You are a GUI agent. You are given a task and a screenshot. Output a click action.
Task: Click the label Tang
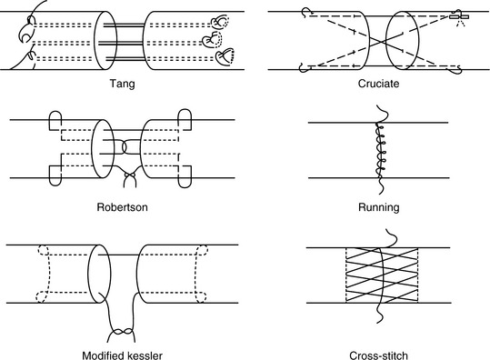pyautogui.click(x=122, y=84)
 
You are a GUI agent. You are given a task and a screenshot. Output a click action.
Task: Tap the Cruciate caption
pyautogui.click(x=378, y=84)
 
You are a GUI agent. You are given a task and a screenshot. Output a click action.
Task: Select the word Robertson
pyautogui.click(x=122, y=207)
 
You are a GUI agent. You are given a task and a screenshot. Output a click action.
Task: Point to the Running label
pyautogui.click(x=379, y=207)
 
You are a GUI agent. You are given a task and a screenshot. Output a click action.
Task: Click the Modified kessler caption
pyautogui.click(x=122, y=355)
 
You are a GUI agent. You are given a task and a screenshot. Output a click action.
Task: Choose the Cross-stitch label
pyautogui.click(x=378, y=355)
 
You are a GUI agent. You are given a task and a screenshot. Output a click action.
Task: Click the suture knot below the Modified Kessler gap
pyautogui.click(x=122, y=331)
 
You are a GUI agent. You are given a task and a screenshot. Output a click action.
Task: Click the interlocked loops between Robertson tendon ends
pyautogui.click(x=126, y=147)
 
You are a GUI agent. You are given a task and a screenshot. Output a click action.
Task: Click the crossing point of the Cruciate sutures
pyautogui.click(x=378, y=41)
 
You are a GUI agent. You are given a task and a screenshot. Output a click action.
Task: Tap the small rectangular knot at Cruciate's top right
pyautogui.click(x=459, y=16)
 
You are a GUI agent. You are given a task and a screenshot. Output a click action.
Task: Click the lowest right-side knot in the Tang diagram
pyautogui.click(x=225, y=56)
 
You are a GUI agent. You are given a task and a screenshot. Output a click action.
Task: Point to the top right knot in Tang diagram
pyautogui.click(x=220, y=22)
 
